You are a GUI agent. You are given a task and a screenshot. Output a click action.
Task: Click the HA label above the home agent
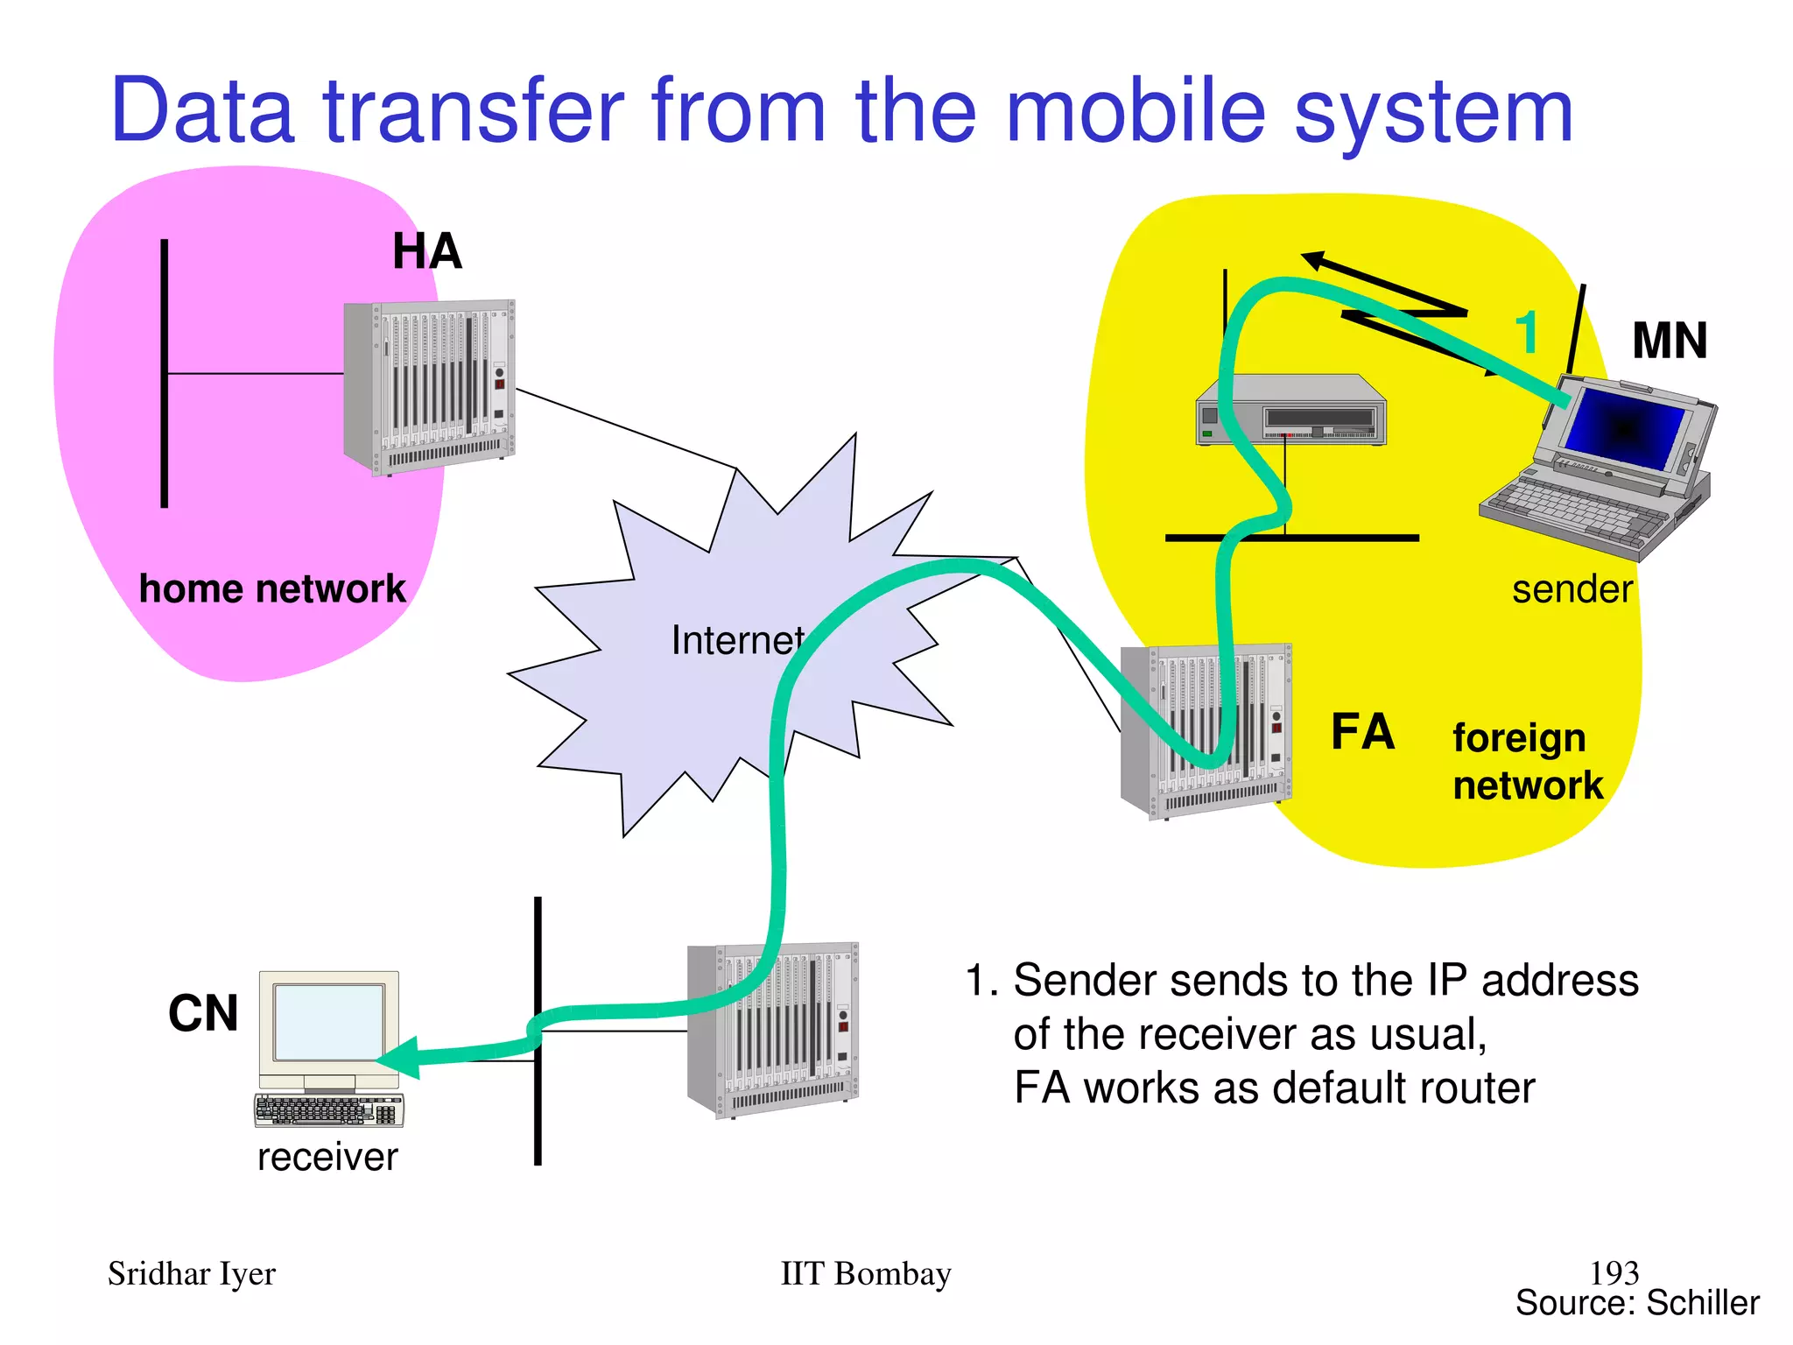(426, 252)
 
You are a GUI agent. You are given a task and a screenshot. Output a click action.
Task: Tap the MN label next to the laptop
(1669, 341)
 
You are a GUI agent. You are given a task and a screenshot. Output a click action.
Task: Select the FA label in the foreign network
(1362, 732)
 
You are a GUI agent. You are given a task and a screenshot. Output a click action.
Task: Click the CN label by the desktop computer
(203, 1013)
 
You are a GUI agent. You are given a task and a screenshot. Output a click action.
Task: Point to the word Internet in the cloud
(737, 641)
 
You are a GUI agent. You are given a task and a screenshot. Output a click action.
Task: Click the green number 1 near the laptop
(1527, 334)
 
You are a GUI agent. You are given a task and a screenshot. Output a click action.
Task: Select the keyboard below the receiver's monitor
(329, 1109)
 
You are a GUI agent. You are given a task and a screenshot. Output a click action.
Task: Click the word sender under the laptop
(1572, 589)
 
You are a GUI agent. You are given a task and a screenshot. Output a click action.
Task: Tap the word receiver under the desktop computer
(327, 1158)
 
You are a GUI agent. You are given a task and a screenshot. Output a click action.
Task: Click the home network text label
(272, 588)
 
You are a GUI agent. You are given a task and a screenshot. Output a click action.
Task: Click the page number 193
(1614, 1272)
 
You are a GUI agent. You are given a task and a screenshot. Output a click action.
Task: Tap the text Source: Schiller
(1636, 1303)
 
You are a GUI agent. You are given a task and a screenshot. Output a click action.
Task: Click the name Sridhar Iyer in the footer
(191, 1274)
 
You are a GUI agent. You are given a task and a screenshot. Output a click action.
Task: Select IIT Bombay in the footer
(865, 1274)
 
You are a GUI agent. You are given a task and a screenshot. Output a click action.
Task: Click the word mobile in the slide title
(1136, 111)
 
